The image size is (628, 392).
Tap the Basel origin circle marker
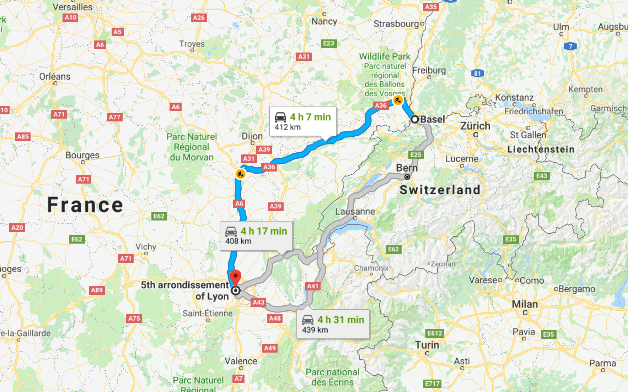click(x=415, y=119)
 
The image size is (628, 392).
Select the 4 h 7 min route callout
click(x=302, y=121)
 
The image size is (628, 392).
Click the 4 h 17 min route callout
click(x=256, y=235)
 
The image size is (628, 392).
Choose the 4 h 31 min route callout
click(x=333, y=324)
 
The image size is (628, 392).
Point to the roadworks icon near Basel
click(x=398, y=100)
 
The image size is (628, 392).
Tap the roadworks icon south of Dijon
click(x=241, y=174)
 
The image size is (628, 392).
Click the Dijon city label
click(x=252, y=136)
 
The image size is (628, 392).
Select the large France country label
click(x=85, y=205)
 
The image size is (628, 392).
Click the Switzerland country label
click(x=440, y=190)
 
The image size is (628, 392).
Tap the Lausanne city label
click(x=355, y=212)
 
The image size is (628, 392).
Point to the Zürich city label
click(x=475, y=126)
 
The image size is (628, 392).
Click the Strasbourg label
click(x=396, y=24)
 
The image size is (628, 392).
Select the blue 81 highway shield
click(x=477, y=73)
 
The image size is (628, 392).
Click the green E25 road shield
click(x=416, y=155)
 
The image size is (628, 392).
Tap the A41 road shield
click(x=313, y=286)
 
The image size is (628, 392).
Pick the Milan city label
click(x=525, y=304)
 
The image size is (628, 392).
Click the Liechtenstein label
click(x=541, y=149)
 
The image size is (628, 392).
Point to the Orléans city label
click(x=55, y=77)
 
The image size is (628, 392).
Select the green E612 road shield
click(x=435, y=333)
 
